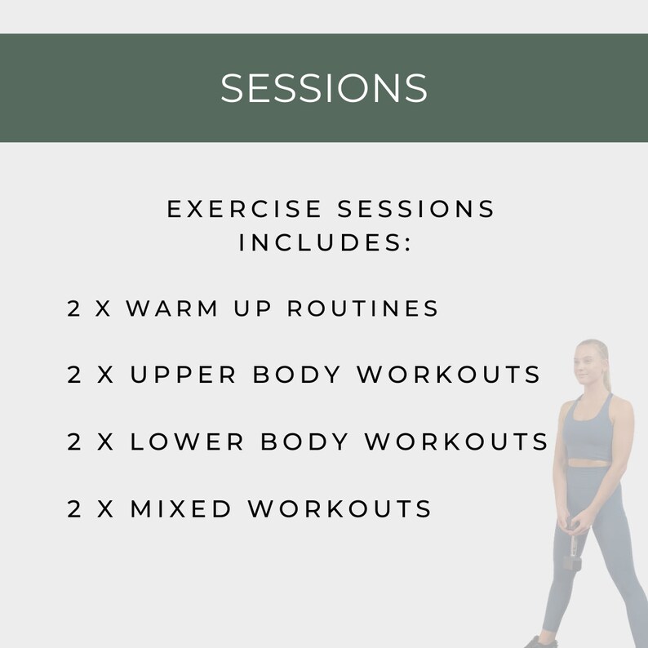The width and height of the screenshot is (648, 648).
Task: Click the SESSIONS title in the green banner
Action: (324, 88)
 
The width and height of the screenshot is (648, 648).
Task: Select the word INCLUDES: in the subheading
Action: (324, 243)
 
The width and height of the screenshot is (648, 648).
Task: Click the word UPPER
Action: (183, 375)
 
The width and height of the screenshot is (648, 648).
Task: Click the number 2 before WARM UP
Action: (74, 308)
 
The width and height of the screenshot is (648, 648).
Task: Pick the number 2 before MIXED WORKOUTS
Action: (74, 509)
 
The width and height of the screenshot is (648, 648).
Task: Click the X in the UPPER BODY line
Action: (106, 375)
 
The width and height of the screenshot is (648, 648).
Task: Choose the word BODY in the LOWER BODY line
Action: (304, 442)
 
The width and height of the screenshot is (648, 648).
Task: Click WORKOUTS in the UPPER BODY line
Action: (449, 375)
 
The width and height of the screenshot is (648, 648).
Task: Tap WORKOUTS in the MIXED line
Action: (340, 509)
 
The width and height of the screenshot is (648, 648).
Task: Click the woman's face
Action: (588, 365)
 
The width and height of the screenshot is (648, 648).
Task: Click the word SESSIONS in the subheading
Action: (416, 210)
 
